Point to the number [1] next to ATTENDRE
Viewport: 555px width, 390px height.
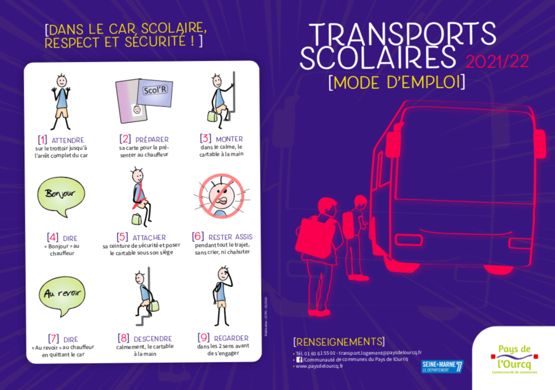pos(42,140)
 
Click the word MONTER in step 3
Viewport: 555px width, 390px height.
pos(229,139)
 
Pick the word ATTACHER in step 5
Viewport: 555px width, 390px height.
pos(149,237)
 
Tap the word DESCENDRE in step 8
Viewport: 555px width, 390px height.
pos(153,338)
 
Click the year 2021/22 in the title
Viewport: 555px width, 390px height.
pos(497,62)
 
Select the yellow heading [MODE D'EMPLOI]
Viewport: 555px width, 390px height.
pos(396,82)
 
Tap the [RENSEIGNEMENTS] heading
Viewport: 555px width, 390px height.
pos(339,341)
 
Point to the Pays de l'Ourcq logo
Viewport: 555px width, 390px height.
pos(514,359)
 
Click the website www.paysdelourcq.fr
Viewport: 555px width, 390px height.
pos(319,366)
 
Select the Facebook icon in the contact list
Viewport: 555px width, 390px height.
pos(299,359)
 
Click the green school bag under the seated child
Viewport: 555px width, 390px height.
pos(136,218)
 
